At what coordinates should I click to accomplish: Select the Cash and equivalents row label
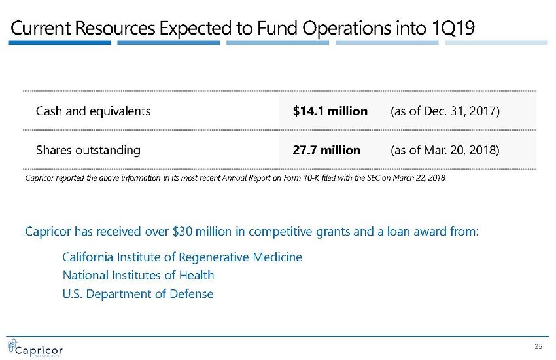coord(93,111)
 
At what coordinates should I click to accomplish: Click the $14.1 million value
coord(330,111)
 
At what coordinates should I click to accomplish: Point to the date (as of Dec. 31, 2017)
coord(445,111)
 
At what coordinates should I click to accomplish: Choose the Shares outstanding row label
coord(88,150)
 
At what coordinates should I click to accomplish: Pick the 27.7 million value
coord(326,150)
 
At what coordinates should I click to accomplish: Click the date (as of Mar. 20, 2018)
coord(445,150)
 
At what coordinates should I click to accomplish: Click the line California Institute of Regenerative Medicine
coord(182,257)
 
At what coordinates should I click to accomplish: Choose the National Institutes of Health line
coord(138,275)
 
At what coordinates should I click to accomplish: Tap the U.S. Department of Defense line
coord(137,294)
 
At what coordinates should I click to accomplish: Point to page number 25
coord(539,346)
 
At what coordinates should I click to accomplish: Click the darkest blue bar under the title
coord(60,43)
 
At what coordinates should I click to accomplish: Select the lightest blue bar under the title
coord(496,43)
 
